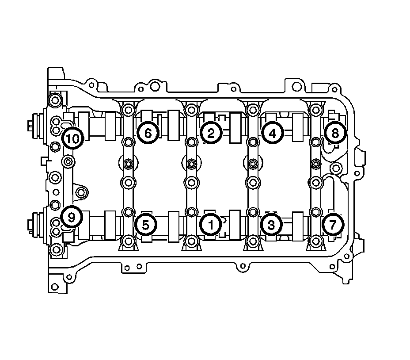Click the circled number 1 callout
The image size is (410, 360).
coord(211,225)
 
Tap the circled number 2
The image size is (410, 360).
coord(211,133)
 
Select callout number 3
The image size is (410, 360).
coord(271,225)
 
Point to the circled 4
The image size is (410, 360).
coord(273,133)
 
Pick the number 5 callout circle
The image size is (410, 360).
coord(146,225)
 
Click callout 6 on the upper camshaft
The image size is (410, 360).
coord(148,133)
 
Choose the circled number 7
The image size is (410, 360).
coord(333,225)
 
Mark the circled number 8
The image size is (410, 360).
coord(335,133)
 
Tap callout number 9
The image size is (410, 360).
coord(72,217)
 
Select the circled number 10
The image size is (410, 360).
coord(73,138)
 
